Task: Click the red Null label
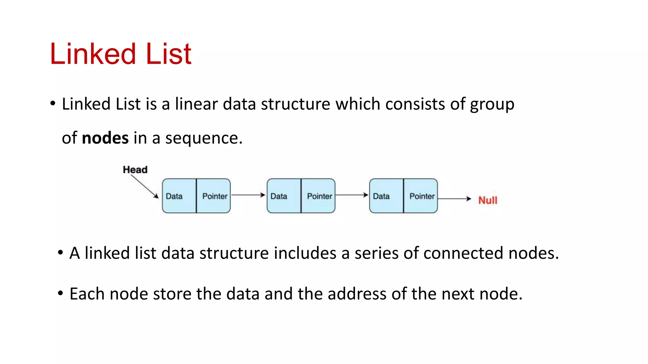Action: pyautogui.click(x=488, y=200)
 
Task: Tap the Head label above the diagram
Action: pyautogui.click(x=135, y=170)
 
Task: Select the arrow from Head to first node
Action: pyautogui.click(x=145, y=186)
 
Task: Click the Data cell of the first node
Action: pyautogui.click(x=179, y=196)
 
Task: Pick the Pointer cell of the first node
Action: pyautogui.click(x=214, y=196)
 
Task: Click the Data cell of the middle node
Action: pyautogui.click(x=284, y=196)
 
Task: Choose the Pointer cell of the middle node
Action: pyautogui.click(x=319, y=196)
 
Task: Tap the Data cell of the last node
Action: pyautogui.click(x=386, y=196)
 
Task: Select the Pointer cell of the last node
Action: pyautogui.click(x=421, y=196)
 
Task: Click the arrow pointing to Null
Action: pyautogui.click(x=455, y=199)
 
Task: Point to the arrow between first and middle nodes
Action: pyautogui.click(x=248, y=195)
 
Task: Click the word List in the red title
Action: pyautogui.click(x=168, y=54)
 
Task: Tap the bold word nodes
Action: pyautogui.click(x=105, y=138)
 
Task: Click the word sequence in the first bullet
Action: pyautogui.click(x=203, y=138)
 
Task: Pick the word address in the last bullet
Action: pyautogui.click(x=357, y=294)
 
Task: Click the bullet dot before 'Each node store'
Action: pyautogui.click(x=60, y=293)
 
